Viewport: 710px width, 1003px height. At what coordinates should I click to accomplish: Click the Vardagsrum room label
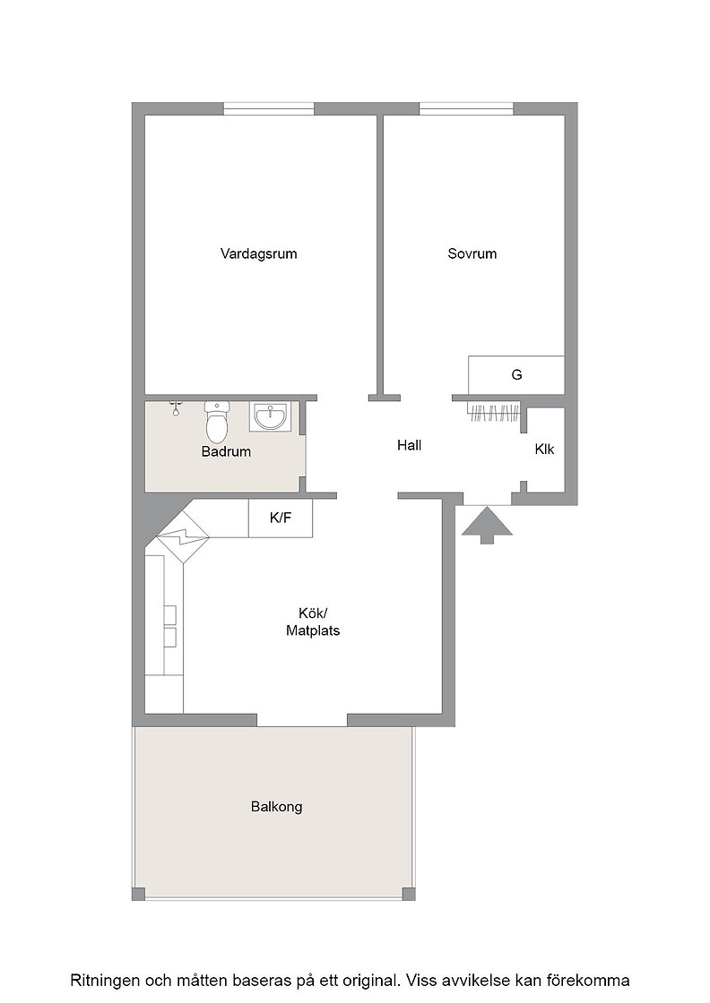(259, 254)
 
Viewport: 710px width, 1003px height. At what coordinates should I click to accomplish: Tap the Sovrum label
(472, 253)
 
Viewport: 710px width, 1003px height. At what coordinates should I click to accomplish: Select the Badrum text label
(226, 451)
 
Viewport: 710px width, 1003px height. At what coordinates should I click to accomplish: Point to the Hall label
(409, 445)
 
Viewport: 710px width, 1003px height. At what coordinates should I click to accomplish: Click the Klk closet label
(544, 449)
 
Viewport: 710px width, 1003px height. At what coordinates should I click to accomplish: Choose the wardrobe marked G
(516, 375)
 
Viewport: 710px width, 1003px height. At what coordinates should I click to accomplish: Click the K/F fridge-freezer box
(281, 519)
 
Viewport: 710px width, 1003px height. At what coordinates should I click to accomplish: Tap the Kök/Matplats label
(313, 622)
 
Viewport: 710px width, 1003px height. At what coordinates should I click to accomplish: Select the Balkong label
(277, 807)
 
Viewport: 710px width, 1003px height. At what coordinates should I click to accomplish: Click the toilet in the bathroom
(217, 421)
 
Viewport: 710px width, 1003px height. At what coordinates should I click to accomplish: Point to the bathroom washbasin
(270, 416)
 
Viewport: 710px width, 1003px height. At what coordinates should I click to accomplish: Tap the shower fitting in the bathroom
(176, 408)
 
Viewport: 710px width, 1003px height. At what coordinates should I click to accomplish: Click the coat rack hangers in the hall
(494, 413)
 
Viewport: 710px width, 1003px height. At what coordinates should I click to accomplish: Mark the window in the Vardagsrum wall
(269, 108)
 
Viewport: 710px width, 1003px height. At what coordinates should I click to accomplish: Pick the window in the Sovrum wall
(467, 108)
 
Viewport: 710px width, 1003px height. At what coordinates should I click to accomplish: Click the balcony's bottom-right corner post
(408, 894)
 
